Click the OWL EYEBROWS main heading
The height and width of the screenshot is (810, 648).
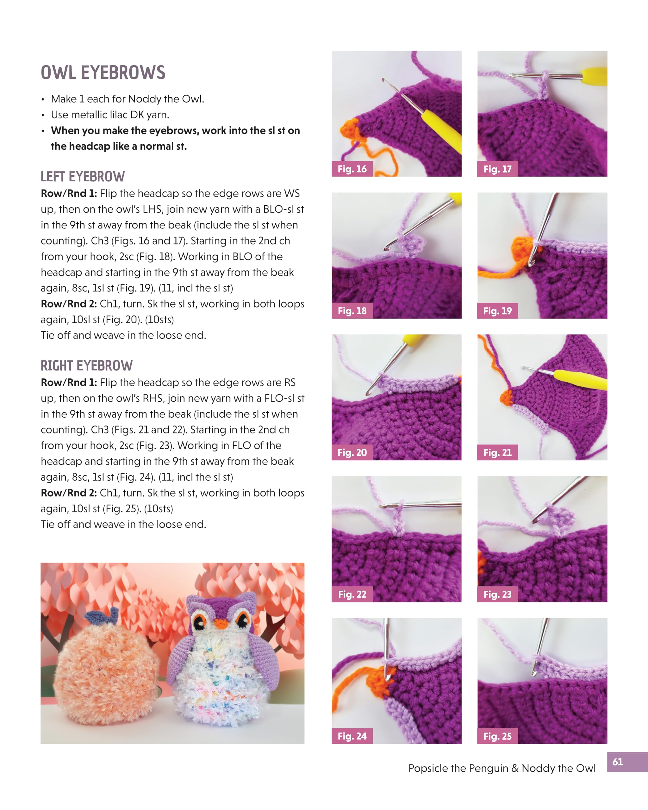point(103,72)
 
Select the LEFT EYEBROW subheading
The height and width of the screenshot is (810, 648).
point(83,176)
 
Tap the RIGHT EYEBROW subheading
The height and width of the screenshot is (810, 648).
point(86,365)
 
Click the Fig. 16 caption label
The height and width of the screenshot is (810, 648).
point(352,169)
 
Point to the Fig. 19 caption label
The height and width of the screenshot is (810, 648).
point(497,311)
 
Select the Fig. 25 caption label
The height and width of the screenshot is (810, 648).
point(497,736)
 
